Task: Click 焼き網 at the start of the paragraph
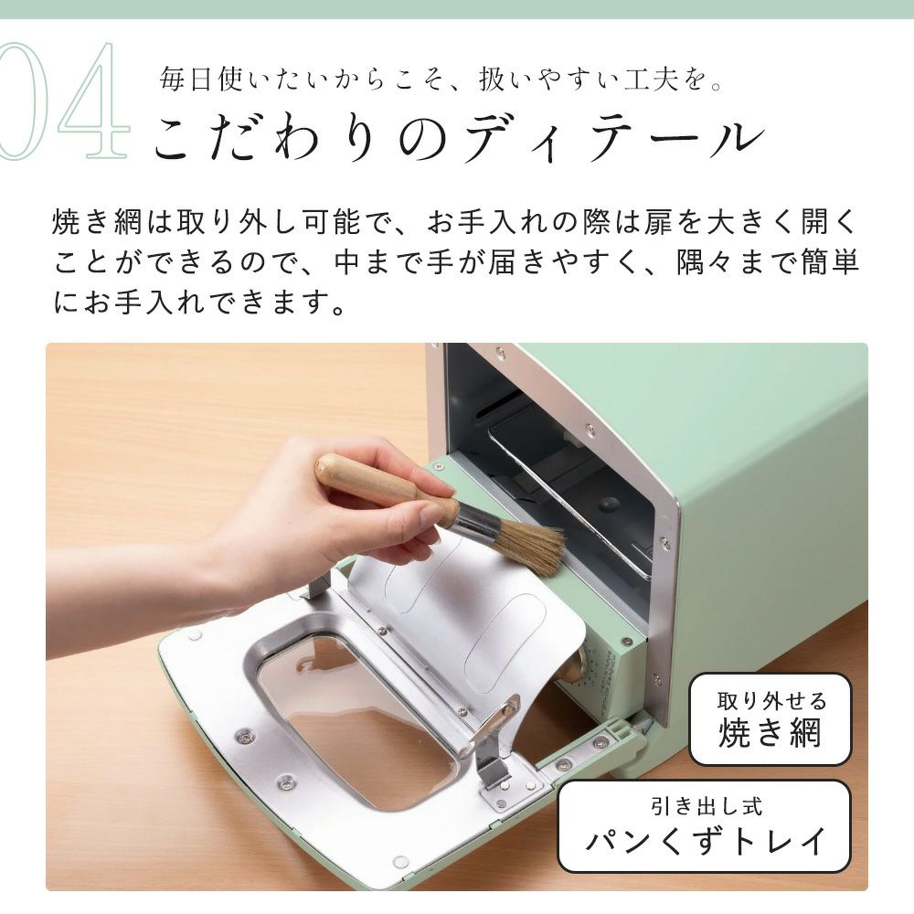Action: tap(98, 222)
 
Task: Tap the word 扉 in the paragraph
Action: tap(659, 222)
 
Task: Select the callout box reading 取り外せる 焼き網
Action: tap(770, 718)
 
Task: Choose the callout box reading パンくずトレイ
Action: tap(704, 826)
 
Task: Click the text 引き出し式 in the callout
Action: tap(707, 807)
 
